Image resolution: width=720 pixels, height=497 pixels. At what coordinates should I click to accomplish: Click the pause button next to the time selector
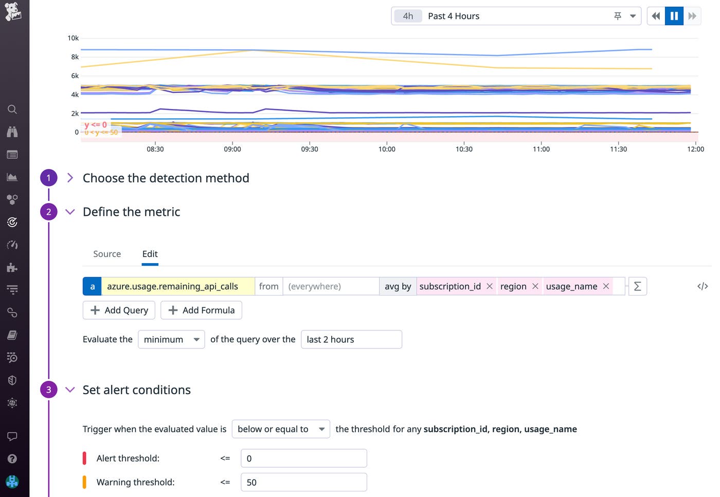pyautogui.click(x=674, y=16)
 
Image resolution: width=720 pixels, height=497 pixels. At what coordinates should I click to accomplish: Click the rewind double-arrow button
pyautogui.click(x=656, y=16)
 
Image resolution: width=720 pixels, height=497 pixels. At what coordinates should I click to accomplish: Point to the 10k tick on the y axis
pyautogui.click(x=73, y=38)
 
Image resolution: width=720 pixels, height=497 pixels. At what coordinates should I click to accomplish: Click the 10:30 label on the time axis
pyautogui.click(x=464, y=149)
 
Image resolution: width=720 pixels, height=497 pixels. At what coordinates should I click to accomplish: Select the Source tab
pyautogui.click(x=107, y=254)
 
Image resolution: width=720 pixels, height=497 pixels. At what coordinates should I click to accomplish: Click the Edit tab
pyautogui.click(x=150, y=254)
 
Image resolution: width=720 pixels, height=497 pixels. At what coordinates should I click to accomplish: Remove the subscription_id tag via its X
pyautogui.click(x=490, y=286)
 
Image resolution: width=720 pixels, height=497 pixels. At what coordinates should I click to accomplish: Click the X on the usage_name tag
pyautogui.click(x=606, y=286)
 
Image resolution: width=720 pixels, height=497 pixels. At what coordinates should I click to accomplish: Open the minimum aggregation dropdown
pyautogui.click(x=171, y=339)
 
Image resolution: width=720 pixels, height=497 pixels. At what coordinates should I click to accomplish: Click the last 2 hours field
pyautogui.click(x=351, y=339)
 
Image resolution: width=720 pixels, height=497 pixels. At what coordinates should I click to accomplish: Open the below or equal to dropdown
pyautogui.click(x=281, y=429)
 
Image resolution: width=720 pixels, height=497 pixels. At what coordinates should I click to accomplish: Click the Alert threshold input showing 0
pyautogui.click(x=303, y=458)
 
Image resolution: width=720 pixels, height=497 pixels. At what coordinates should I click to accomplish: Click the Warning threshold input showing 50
pyautogui.click(x=303, y=482)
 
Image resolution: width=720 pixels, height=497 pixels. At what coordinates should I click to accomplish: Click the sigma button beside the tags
pyautogui.click(x=637, y=286)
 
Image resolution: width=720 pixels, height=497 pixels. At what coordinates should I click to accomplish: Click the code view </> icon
pyautogui.click(x=703, y=286)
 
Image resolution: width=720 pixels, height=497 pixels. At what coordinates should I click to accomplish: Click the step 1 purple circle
pyautogui.click(x=49, y=178)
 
